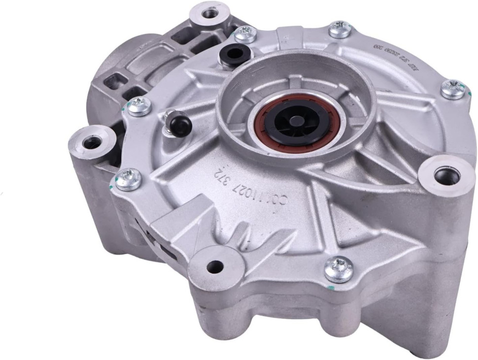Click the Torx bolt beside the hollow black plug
[245, 33]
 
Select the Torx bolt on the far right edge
[453, 89]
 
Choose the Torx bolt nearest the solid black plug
[139, 105]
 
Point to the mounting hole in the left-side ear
[91, 143]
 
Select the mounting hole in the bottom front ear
[215, 267]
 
